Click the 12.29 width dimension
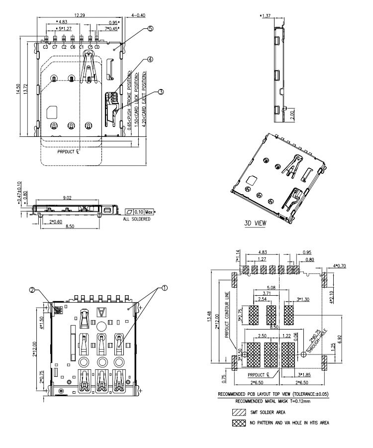pos(80,15)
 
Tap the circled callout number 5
pos(150,28)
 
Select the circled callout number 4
pos(150,59)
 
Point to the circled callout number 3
pos(161,92)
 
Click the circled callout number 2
pos(32,290)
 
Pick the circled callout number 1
pos(165,288)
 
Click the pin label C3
pos(45,47)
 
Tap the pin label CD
pos(97,47)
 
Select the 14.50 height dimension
pos(18,89)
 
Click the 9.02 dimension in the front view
pos(67,198)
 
